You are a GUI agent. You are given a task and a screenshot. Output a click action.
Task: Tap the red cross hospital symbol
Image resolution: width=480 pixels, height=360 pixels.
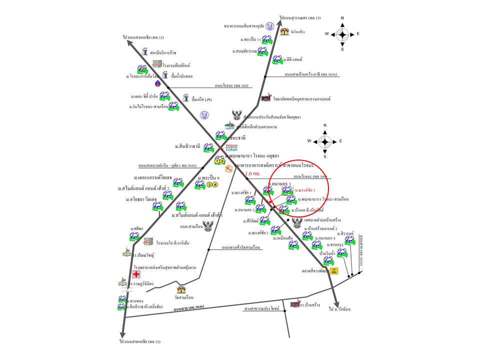coord(135,274)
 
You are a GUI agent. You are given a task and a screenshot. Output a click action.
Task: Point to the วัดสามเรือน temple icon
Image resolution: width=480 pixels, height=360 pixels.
coord(181,289)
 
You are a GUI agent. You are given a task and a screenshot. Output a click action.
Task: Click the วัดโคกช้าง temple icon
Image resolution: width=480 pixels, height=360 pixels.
coord(284,31)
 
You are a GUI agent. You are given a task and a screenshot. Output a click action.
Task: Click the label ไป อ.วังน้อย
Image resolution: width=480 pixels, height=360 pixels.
coord(339,309)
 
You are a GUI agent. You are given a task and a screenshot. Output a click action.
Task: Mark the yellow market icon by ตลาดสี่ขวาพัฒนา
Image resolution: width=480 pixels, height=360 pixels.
coord(334,271)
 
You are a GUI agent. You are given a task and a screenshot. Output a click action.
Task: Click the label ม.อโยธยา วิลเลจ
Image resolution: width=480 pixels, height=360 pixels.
coord(141,199)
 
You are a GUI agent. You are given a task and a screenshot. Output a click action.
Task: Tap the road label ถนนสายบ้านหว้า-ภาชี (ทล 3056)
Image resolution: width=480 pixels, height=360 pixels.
coord(311,74)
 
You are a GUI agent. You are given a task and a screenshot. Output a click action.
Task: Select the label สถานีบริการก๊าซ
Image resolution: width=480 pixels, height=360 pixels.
coord(163,52)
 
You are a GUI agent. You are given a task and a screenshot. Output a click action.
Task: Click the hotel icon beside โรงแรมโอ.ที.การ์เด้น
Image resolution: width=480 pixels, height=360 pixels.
coord(148,241)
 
